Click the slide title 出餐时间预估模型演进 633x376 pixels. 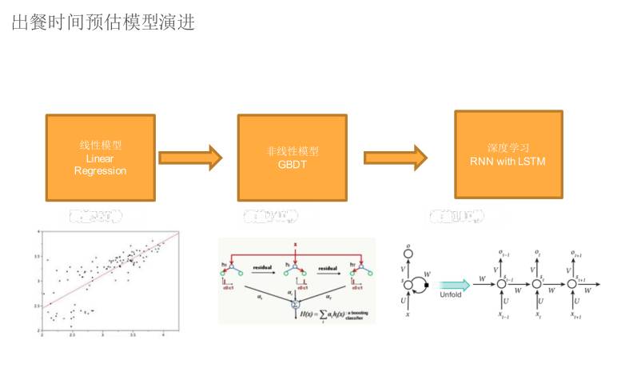tap(103, 22)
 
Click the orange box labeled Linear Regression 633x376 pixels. tap(101, 157)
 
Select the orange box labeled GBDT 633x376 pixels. tap(292, 157)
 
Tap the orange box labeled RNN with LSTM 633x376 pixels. tap(508, 154)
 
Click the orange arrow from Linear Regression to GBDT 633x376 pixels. tap(190, 157)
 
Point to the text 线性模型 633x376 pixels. tap(101, 146)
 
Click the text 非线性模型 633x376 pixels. tap(292, 150)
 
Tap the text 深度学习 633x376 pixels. tap(508, 148)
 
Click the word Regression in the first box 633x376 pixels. tap(101, 170)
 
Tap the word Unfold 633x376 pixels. tap(452, 294)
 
